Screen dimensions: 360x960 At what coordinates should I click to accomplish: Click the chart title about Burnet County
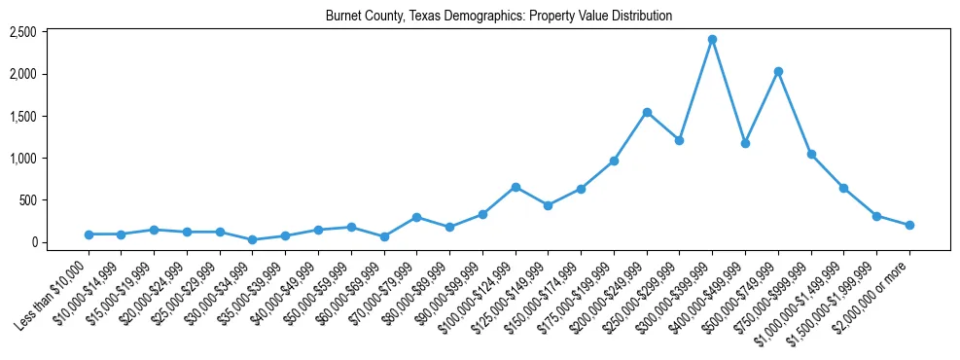coord(499,17)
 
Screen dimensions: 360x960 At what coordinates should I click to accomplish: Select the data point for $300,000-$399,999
coord(712,39)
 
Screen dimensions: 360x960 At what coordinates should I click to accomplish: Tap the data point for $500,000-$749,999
coord(778,71)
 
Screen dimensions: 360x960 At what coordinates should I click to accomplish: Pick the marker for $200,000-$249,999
coord(647,112)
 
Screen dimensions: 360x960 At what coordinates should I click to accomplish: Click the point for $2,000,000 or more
coord(909,225)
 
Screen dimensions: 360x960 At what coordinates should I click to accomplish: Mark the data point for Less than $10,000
coord(89,234)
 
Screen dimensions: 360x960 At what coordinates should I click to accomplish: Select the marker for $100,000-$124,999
coord(516,187)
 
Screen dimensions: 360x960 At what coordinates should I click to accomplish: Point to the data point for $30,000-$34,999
coord(252,239)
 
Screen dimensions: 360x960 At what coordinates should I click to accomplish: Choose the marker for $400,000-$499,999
coord(745,143)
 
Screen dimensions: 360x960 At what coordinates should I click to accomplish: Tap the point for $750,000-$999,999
coord(811,154)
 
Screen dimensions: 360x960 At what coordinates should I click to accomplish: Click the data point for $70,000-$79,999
coord(416,217)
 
